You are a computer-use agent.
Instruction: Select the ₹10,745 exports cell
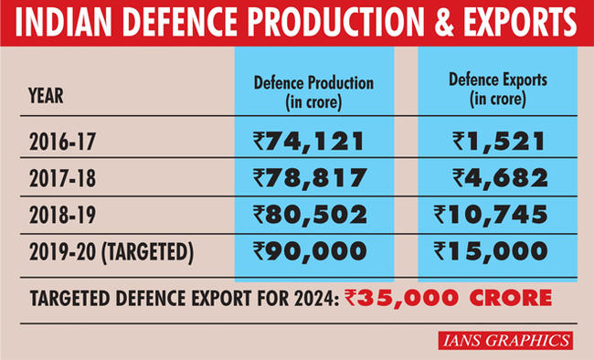(492, 214)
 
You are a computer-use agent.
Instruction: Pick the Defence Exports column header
(498, 89)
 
